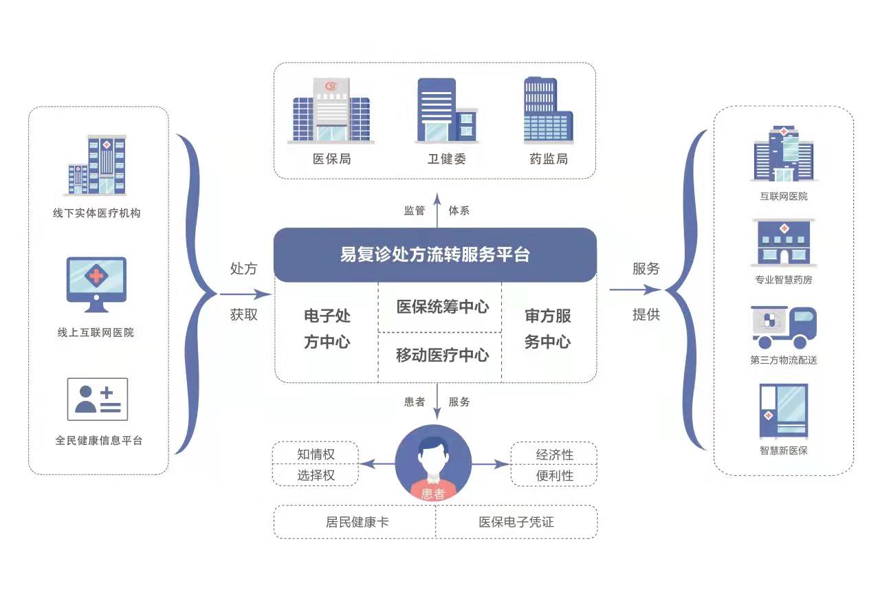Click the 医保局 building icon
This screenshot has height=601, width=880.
331,111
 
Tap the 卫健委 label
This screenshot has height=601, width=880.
446,159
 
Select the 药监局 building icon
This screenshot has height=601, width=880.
548,111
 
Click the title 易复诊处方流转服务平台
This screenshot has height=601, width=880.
435,254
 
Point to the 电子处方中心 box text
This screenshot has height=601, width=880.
327,329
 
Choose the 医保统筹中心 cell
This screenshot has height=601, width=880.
442,307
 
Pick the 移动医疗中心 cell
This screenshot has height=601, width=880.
442,355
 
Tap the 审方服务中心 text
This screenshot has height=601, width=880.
547,329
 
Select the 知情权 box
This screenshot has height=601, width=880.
316,455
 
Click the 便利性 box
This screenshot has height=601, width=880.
554,475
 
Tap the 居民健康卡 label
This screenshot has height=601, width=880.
357,522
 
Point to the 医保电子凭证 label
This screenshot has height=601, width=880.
516,522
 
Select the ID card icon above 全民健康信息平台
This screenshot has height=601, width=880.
97,400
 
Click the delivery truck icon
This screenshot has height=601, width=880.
783,328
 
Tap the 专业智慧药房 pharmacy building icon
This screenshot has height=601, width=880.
783,243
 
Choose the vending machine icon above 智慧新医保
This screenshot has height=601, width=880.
783,411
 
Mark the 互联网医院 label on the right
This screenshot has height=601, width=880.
784,196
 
